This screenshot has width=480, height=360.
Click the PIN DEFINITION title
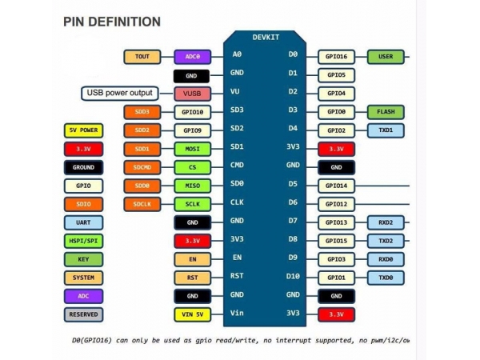coord(112,22)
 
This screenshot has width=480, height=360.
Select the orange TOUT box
coord(142,57)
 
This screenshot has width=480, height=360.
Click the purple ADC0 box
coord(192,57)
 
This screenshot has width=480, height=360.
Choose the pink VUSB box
coord(192,94)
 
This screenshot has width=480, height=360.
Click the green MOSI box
coord(192,149)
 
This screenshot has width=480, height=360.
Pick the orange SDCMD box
coord(142,167)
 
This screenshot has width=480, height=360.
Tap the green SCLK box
coord(192,204)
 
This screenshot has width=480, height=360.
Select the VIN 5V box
coord(192,314)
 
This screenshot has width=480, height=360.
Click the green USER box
coord(386,57)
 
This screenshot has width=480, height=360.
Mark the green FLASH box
coord(386,112)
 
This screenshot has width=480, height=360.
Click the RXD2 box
coord(386,222)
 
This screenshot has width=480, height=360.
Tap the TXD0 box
coord(386,278)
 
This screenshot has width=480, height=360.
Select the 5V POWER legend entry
coord(83,130)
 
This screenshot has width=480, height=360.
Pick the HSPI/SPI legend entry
coord(83,241)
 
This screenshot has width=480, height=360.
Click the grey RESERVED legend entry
coord(83,314)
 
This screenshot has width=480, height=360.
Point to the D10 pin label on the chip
coord(293,276)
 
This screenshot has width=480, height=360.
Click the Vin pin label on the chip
coord(237,313)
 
